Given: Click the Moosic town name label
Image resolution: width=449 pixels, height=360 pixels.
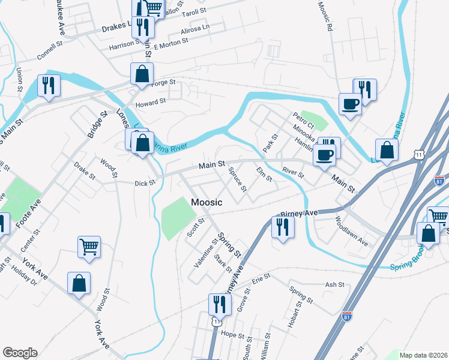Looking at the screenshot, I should coord(207,203).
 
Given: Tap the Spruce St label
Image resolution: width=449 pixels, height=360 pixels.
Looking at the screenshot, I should coord(236,179).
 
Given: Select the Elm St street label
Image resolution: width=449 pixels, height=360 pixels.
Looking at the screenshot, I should coord(264,175).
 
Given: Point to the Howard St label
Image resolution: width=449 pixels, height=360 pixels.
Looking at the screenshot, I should coord(150,103).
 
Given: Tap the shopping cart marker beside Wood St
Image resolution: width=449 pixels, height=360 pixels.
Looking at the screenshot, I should coord(89,247).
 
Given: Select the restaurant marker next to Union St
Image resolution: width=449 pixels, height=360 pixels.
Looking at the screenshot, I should coord(49,86).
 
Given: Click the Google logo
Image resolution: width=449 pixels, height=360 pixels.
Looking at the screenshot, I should coord(20,353).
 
